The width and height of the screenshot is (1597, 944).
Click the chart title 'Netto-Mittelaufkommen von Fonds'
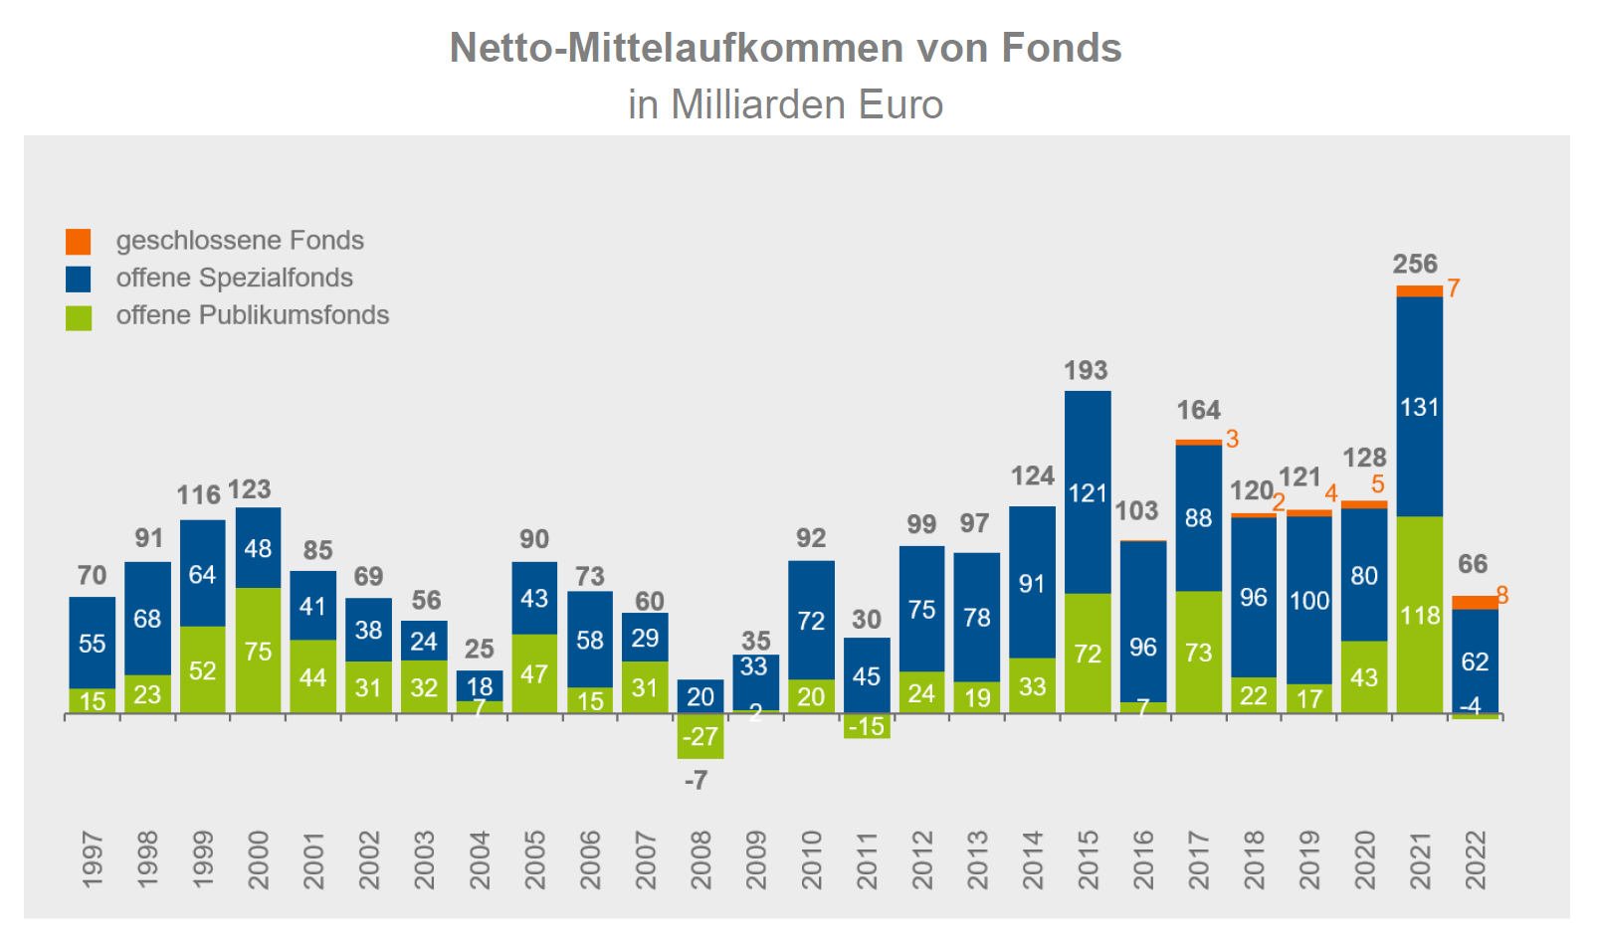click(785, 48)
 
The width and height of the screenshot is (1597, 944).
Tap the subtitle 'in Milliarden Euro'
click(785, 104)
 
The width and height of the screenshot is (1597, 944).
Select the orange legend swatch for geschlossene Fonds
click(79, 241)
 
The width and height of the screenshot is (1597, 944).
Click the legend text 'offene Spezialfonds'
click(234, 278)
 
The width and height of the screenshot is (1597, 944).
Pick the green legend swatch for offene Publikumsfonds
click(79, 317)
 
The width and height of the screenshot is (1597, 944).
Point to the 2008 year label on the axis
click(699, 859)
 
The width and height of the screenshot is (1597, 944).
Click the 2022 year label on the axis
click(1474, 859)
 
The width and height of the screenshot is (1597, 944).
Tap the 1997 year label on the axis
click(92, 859)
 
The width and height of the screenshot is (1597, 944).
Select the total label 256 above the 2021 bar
click(1415, 264)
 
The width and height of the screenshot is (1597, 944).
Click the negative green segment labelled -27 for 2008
click(699, 737)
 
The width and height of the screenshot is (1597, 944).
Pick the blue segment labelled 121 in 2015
click(1088, 492)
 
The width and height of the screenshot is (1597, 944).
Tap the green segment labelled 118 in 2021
click(1419, 615)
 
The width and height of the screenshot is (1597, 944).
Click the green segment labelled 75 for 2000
click(258, 651)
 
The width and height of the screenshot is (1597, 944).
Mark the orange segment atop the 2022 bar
click(1474, 602)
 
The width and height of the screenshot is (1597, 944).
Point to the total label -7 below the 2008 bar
click(696, 781)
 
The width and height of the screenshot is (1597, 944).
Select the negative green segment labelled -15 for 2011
click(866, 726)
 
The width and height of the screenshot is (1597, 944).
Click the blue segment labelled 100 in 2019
click(1308, 600)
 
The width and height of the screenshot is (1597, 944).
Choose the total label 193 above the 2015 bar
click(1086, 370)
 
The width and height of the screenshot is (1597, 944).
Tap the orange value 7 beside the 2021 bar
click(1454, 288)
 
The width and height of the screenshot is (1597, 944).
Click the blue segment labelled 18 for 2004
click(480, 685)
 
